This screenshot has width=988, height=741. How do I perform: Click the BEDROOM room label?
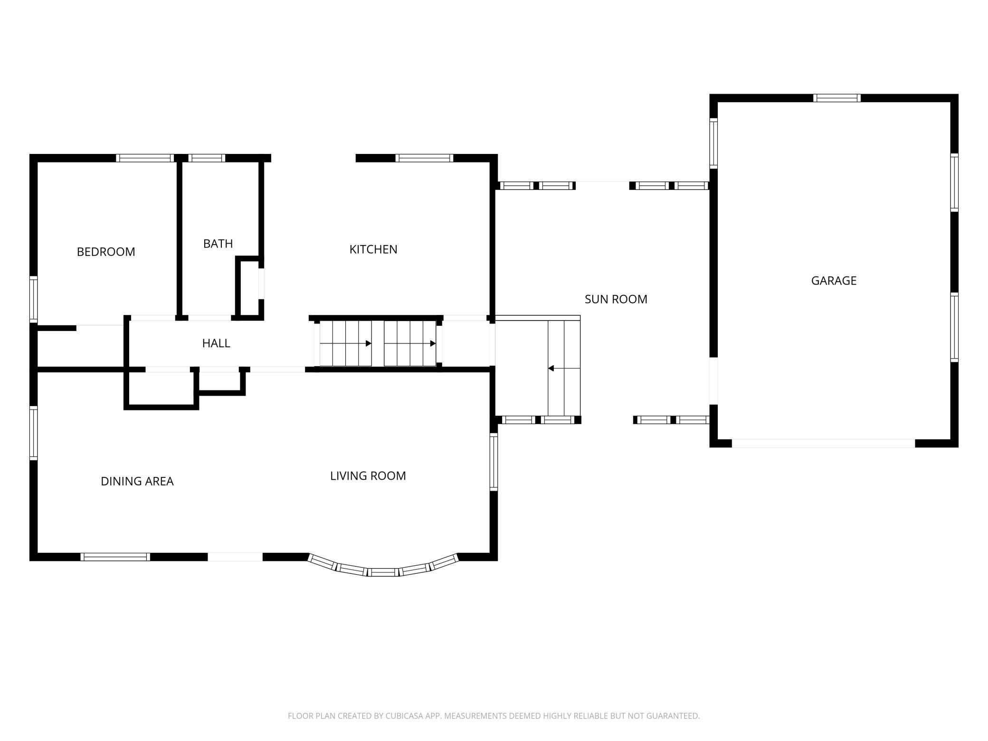click(106, 252)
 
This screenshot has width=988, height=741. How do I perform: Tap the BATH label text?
click(218, 244)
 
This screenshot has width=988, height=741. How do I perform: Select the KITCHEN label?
click(373, 249)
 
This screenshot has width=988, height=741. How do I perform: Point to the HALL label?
click(216, 343)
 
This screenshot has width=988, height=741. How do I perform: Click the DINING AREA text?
click(137, 481)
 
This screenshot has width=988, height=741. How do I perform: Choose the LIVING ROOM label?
click(368, 475)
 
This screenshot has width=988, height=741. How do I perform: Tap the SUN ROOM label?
click(616, 299)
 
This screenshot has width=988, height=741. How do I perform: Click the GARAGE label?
click(834, 281)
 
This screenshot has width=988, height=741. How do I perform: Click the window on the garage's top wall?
click(837, 98)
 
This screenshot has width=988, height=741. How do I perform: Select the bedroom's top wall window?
click(145, 158)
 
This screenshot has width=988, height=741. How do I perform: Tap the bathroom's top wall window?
click(207, 158)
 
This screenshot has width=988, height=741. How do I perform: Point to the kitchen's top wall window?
click(425, 158)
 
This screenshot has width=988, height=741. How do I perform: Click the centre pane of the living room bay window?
click(383, 572)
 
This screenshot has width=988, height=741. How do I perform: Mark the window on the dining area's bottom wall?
click(115, 557)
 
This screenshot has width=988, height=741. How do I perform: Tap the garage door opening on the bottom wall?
click(823, 444)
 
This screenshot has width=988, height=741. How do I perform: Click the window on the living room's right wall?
click(494, 462)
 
